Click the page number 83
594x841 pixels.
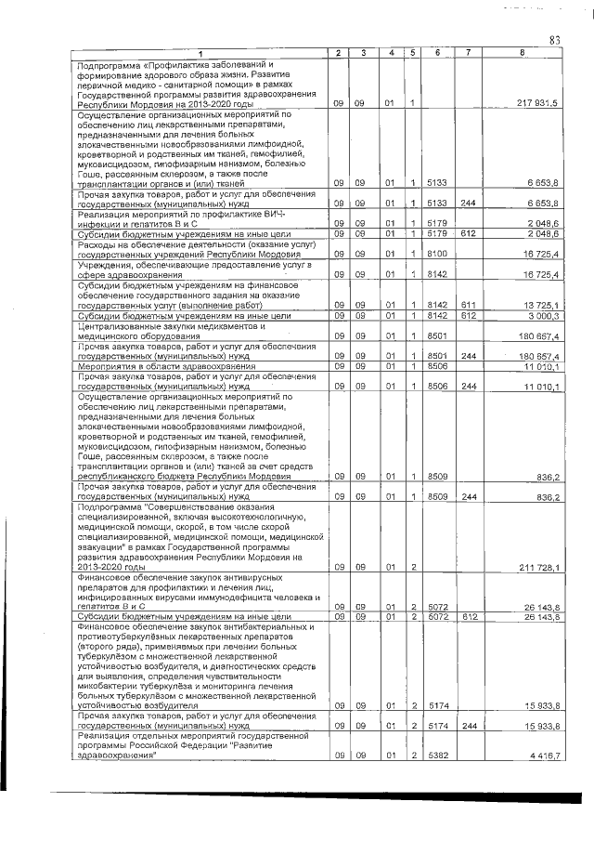coord(555,39)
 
